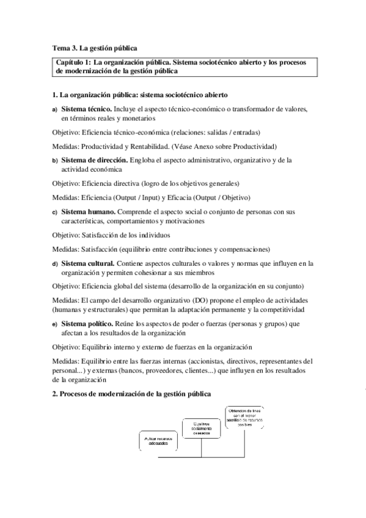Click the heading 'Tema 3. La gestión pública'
pos(95,48)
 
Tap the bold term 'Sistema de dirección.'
pos(95,160)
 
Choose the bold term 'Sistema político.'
pos(89,324)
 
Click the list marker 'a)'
pos(54,109)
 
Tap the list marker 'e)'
pos(54,324)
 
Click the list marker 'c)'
pos(54,213)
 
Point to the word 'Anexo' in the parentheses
pos(192,146)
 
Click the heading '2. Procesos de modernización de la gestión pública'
pos(131,395)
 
